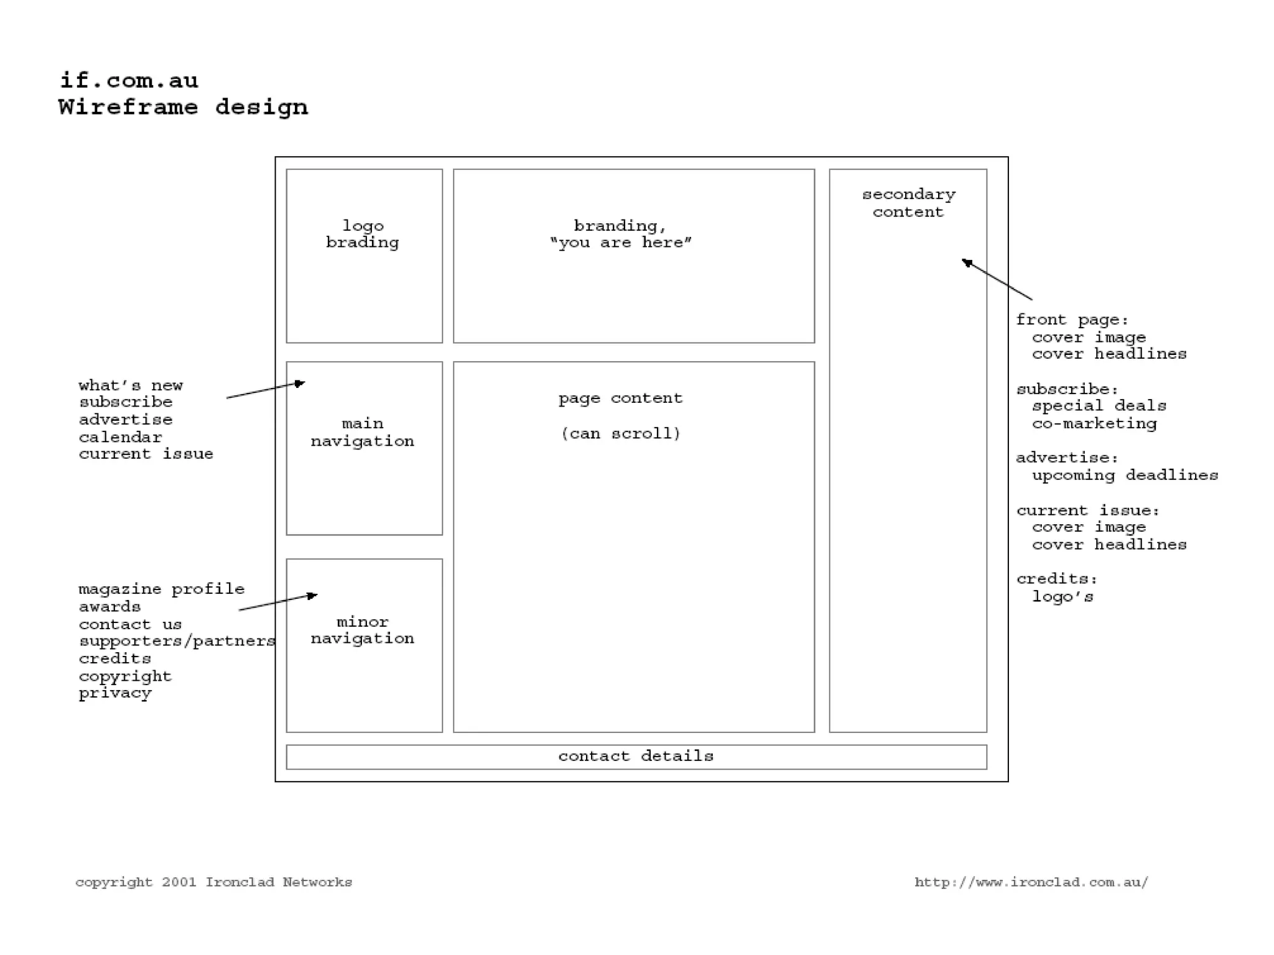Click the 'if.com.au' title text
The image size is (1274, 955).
tap(129, 81)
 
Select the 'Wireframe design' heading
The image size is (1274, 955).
tap(183, 108)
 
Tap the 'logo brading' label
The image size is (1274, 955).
tap(363, 234)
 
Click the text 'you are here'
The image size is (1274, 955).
tap(621, 243)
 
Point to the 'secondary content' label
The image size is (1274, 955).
tap(908, 203)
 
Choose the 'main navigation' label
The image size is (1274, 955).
tap(363, 433)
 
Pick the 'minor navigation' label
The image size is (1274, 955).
tap(363, 630)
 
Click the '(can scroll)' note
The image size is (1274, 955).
tap(621, 433)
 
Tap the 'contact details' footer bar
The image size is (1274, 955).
tap(636, 757)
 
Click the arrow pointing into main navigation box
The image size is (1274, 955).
tap(266, 390)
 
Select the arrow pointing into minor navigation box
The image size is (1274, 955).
tap(278, 602)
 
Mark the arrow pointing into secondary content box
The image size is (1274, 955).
tap(997, 280)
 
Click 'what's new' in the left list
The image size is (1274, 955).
tap(131, 385)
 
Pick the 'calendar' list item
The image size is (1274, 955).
tap(120, 437)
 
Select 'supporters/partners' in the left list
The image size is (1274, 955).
tap(177, 641)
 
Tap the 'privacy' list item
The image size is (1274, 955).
tap(115, 693)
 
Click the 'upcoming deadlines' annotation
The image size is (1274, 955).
tap(1125, 476)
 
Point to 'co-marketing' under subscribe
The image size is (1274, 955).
tap(1094, 424)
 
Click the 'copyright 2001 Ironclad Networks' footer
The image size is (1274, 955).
tap(213, 882)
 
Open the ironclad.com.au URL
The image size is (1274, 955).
tap(1031, 882)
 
